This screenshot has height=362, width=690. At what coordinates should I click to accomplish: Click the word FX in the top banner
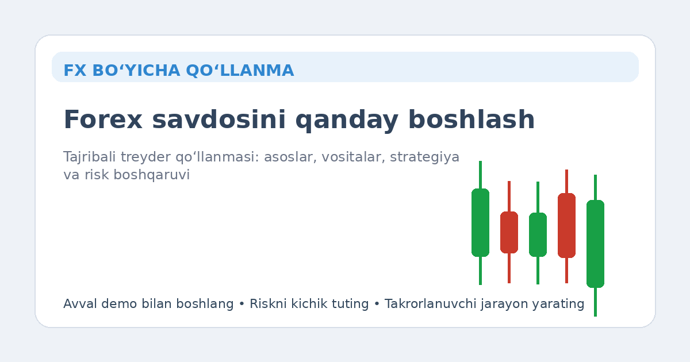click(74, 71)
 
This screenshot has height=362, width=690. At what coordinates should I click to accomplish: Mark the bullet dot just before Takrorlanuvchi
click(377, 304)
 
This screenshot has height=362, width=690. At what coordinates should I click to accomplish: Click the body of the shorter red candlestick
click(509, 232)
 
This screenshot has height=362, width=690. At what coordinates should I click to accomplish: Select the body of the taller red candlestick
click(566, 225)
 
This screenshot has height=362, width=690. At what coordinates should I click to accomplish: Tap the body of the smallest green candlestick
click(538, 234)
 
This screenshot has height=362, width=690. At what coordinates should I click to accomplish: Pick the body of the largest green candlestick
click(595, 244)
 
